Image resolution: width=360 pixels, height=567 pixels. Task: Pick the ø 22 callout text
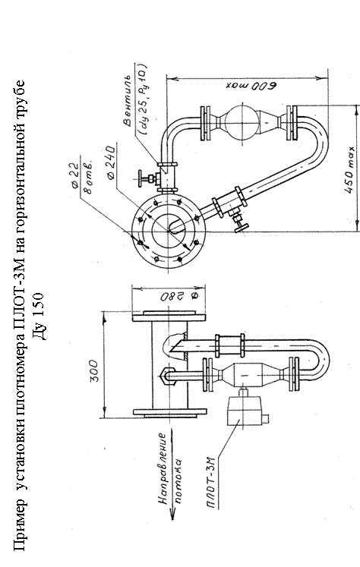(x=75, y=175)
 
